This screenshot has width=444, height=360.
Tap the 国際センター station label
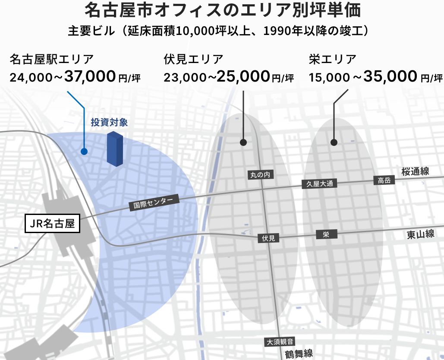154,202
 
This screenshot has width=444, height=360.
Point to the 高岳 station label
384,180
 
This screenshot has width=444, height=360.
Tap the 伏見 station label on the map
268,238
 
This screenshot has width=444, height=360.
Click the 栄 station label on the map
326,234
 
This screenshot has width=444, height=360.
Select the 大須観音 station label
280,341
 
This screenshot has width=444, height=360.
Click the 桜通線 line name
415,171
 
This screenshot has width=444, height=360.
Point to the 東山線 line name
420,234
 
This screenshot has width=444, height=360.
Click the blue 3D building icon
115,149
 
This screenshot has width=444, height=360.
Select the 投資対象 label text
109,123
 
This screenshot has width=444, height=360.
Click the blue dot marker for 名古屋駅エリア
84,152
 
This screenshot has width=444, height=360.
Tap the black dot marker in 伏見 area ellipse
243,142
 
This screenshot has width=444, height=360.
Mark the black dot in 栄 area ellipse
334,142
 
